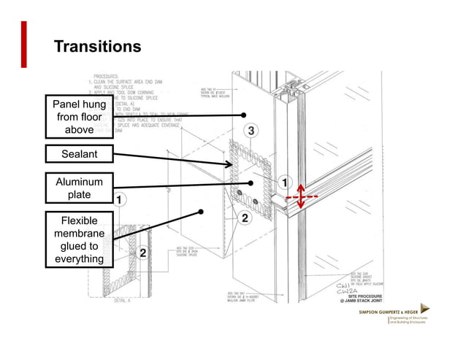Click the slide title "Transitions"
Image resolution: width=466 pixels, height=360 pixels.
click(x=97, y=47)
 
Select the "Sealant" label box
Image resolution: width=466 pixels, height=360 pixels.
click(x=79, y=154)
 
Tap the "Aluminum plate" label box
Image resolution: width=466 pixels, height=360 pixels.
click(x=79, y=188)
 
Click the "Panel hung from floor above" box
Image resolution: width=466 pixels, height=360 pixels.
click(x=79, y=118)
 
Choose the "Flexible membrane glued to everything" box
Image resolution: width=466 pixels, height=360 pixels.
click(x=79, y=240)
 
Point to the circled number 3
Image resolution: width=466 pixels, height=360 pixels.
click(x=251, y=131)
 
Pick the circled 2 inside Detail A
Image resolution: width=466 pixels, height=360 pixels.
click(x=143, y=253)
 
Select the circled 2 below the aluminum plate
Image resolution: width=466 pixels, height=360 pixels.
click(x=245, y=218)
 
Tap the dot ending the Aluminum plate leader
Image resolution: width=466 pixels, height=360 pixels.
click(x=250, y=183)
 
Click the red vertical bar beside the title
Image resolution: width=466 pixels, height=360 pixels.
click(x=24, y=45)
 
